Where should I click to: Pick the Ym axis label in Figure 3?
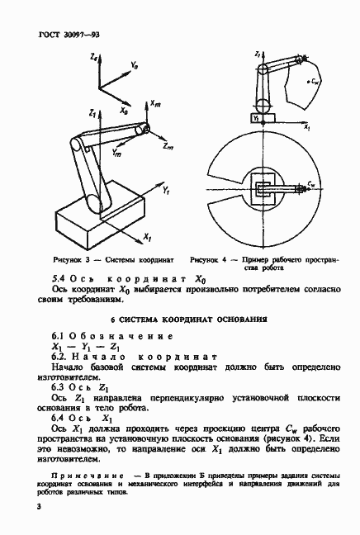[x=116, y=154]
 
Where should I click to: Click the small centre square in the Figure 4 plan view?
[x=269, y=189]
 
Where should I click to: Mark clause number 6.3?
[x=59, y=386]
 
